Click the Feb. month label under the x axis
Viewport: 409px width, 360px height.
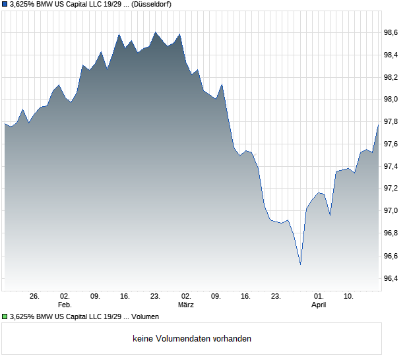[x=64, y=305]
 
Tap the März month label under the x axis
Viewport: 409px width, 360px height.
[x=186, y=305]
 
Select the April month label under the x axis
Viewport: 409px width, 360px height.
[x=319, y=305]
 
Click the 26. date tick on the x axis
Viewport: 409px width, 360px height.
[x=34, y=297]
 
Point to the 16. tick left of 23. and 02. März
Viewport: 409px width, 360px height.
[x=125, y=297]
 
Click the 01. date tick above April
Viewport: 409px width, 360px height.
[x=319, y=297]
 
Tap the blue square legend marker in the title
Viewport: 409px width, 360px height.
[x=5, y=5]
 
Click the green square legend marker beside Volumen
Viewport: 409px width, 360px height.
[x=5, y=316]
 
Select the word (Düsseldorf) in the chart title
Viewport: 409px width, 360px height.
[x=153, y=5]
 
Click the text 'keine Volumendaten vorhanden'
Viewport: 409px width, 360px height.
[x=192, y=339]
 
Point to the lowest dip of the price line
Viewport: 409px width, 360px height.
[x=300, y=264]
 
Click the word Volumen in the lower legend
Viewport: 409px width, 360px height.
[x=145, y=316]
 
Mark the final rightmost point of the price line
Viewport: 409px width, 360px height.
[x=378, y=125]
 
